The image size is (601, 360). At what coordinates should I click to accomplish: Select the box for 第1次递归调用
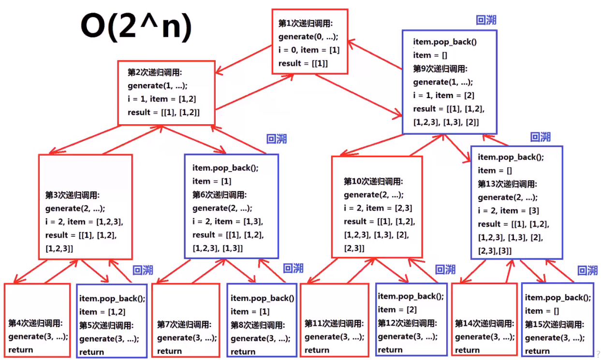[x=309, y=42]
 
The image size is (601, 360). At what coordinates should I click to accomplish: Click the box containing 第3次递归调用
[x=85, y=207]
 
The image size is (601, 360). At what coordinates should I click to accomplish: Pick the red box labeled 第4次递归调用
[x=37, y=320]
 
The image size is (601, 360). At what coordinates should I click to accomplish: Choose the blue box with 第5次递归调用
[x=112, y=320]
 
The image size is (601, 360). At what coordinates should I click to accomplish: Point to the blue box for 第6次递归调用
[x=231, y=206]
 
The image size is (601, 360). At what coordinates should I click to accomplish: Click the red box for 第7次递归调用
[x=187, y=320]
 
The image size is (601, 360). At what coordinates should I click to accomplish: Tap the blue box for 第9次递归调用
[x=449, y=82]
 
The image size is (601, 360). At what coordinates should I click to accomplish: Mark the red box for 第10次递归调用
[x=377, y=207]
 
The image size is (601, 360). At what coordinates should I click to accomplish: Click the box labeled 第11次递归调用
[x=334, y=320]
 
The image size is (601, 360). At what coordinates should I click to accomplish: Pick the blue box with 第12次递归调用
[x=410, y=320]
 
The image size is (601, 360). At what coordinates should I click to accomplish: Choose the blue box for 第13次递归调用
[x=516, y=203]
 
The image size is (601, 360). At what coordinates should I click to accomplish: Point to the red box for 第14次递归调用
[x=484, y=320]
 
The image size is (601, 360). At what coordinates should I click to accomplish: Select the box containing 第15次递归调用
[x=557, y=320]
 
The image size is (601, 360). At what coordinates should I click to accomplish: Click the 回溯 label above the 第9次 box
[x=486, y=20]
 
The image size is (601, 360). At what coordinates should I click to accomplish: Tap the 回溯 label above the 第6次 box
[x=277, y=139]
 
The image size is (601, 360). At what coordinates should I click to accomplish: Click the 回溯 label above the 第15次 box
[x=587, y=271]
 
